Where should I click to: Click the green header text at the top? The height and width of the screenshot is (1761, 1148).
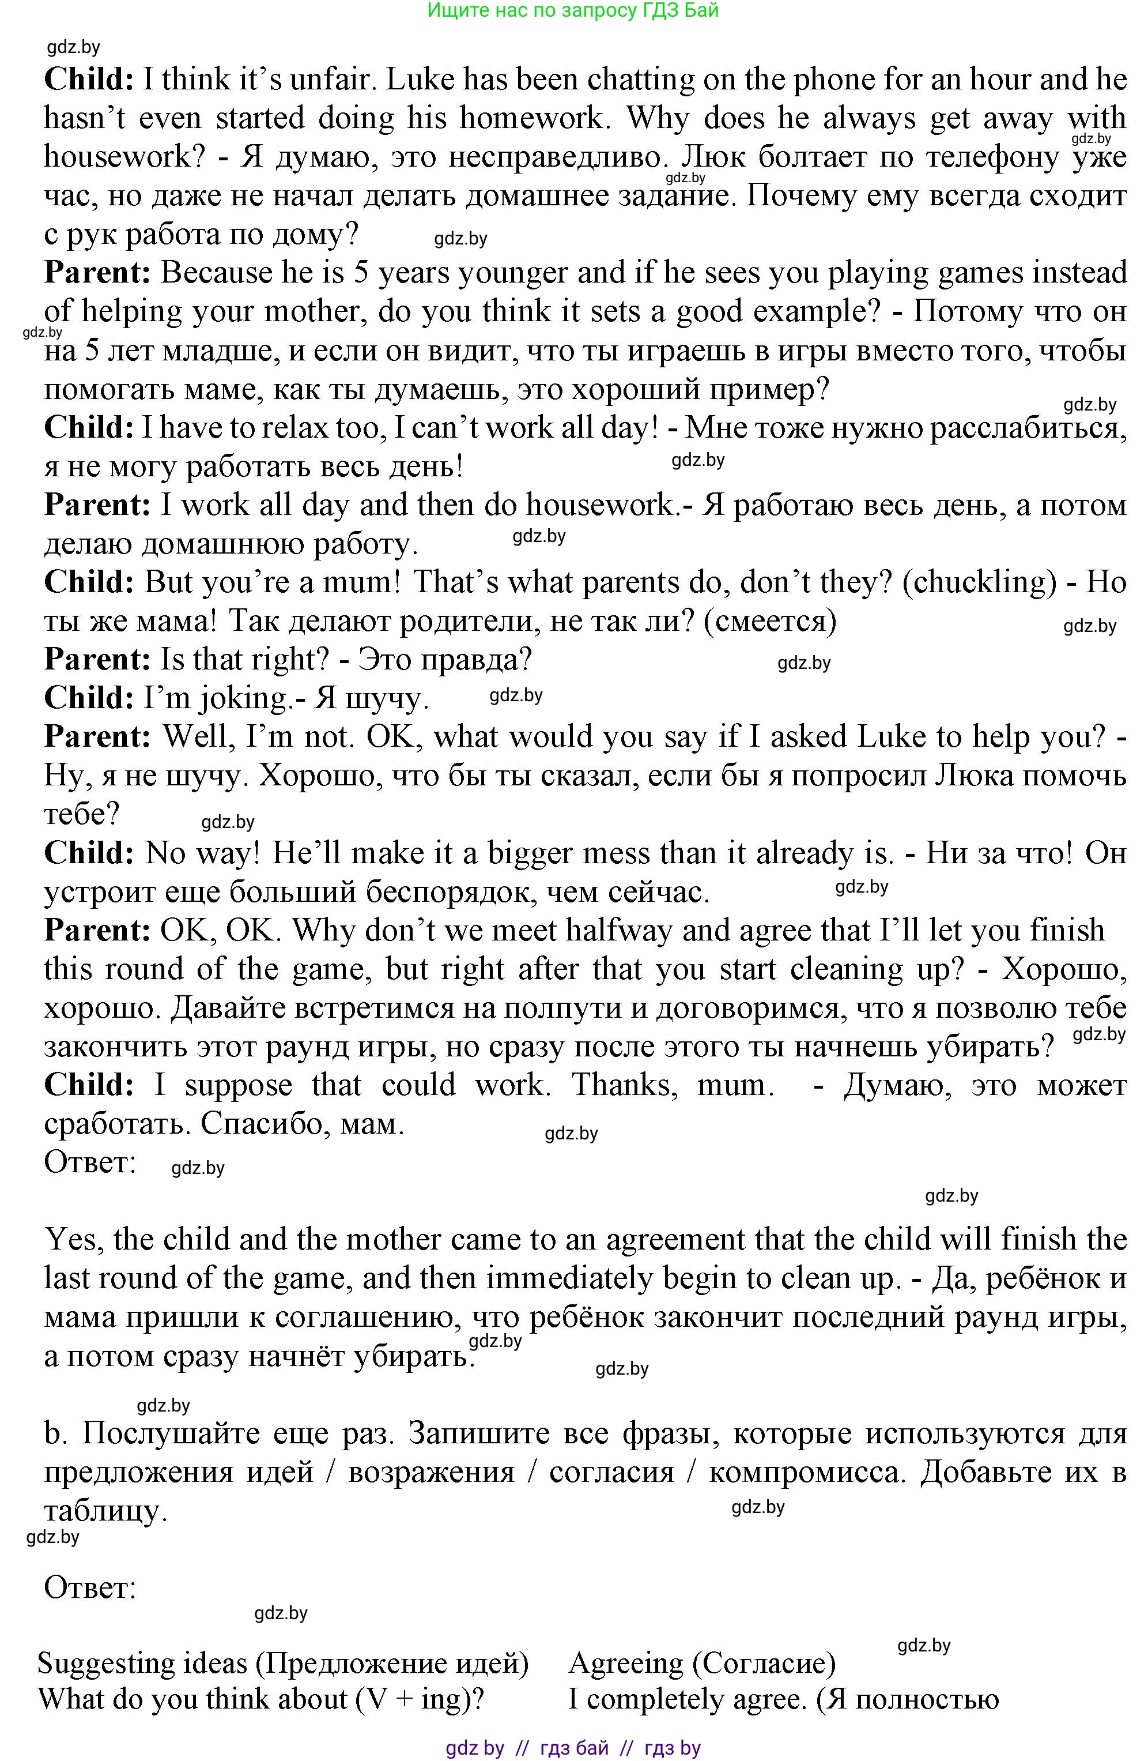573,10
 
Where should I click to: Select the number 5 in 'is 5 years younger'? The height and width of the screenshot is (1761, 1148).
361,273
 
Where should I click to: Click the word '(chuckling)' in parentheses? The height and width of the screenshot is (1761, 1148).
980,582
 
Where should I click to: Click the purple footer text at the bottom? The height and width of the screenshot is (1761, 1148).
573,1748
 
